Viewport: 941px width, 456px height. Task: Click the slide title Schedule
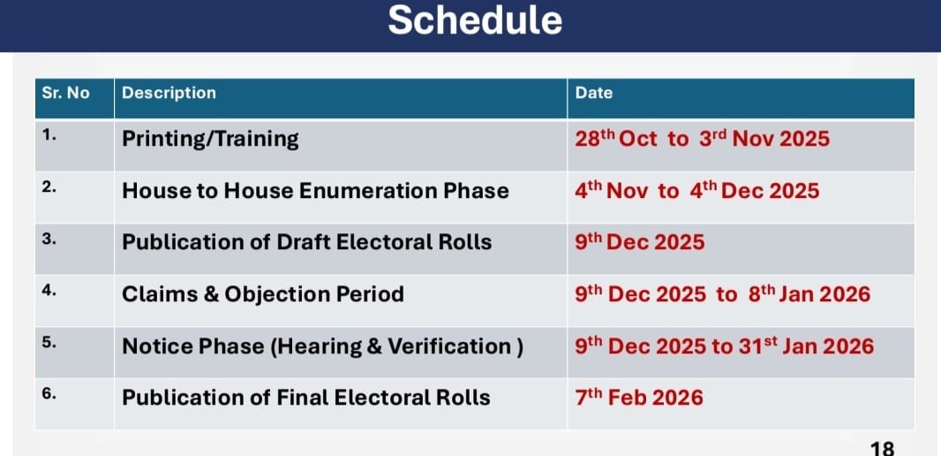point(475,19)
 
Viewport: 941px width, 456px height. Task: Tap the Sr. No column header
point(65,93)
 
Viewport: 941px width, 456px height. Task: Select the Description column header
point(169,93)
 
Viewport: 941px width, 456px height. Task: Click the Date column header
point(593,93)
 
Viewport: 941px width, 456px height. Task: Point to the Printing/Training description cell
point(210,140)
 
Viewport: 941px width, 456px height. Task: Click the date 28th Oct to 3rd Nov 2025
point(702,139)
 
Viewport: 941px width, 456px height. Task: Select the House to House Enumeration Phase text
point(315,191)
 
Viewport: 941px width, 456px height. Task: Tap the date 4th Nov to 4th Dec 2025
point(696,191)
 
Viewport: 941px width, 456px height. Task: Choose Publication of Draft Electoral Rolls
point(306,242)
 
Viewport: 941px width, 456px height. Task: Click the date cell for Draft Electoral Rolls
point(640,242)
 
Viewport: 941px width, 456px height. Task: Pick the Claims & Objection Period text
point(263,294)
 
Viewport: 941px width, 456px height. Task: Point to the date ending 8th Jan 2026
point(723,293)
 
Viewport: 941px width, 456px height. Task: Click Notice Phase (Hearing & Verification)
point(323,346)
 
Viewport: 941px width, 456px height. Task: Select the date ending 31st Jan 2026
point(725,346)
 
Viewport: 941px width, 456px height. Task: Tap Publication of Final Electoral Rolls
point(306,398)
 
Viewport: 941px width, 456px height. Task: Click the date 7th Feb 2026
point(638,398)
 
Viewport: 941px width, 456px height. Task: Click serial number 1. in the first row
point(49,135)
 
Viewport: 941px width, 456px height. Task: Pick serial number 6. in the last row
point(49,395)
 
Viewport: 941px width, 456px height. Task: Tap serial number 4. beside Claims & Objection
point(49,291)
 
